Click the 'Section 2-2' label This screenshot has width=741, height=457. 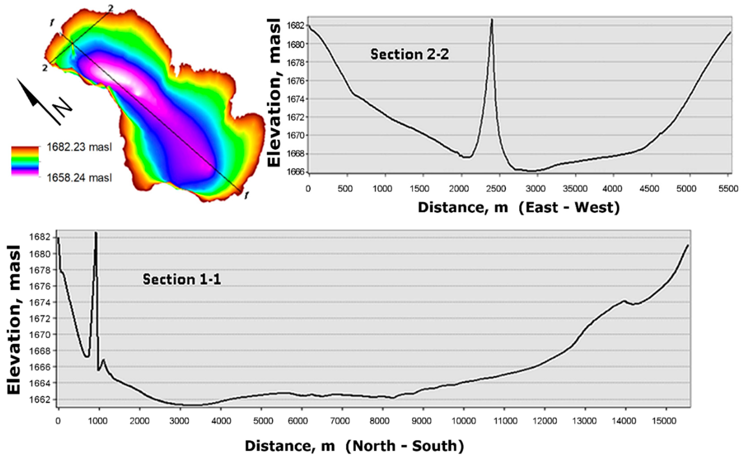pos(410,54)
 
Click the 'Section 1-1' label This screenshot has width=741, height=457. pos(182,279)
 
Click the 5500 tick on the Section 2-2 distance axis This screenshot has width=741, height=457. pos(728,189)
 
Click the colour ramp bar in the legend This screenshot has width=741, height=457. pos(25,161)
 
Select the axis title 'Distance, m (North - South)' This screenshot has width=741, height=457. pos(354,446)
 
